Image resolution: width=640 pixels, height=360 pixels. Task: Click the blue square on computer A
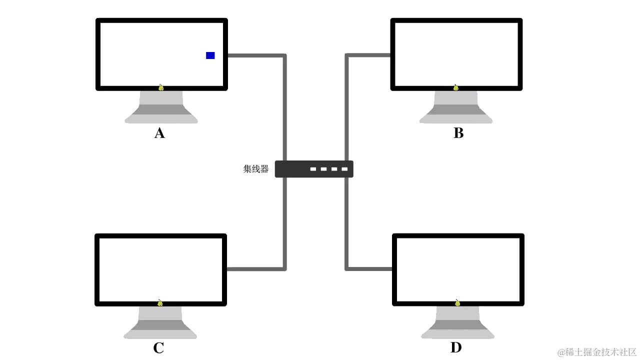coord(210,55)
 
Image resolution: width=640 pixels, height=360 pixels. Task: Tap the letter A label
coord(159,134)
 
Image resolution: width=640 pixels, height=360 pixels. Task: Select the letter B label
coord(458,134)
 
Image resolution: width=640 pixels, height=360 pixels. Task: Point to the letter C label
coord(159,348)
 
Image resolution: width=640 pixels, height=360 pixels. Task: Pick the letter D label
coord(456,347)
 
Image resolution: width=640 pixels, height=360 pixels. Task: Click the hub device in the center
coord(314,168)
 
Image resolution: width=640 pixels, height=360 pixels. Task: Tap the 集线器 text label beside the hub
coord(255,168)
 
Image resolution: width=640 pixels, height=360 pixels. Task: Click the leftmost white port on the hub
coord(313,169)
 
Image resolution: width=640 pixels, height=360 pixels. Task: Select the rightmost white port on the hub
coord(344,169)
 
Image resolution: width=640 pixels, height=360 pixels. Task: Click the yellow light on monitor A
coord(161,87)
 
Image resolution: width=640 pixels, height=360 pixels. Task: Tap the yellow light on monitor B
coord(456,87)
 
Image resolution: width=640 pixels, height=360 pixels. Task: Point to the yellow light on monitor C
coord(160,302)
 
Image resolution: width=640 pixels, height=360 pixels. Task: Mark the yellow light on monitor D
coord(457,302)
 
